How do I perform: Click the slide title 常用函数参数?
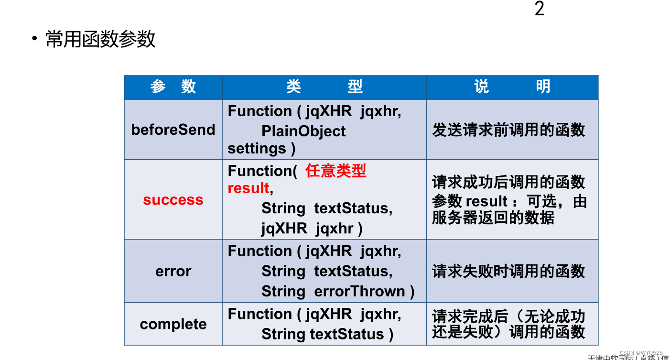[100, 39]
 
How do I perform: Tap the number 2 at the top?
[539, 9]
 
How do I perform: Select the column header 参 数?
[173, 87]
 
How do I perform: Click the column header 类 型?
[324, 87]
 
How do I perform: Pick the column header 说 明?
[512, 87]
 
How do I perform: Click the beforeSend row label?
[173, 130]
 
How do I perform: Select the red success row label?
[173, 200]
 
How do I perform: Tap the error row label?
[173, 271]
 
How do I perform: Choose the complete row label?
[173, 324]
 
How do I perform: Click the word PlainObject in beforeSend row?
[303, 131]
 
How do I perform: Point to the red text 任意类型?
[336, 171]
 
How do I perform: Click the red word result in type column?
[249, 188]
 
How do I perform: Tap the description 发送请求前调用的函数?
[508, 130]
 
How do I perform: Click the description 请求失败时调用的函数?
[508, 271]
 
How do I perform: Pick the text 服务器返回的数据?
[493, 218]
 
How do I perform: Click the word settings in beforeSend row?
[257, 149]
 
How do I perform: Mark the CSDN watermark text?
[641, 352]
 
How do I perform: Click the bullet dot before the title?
[34, 39]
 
